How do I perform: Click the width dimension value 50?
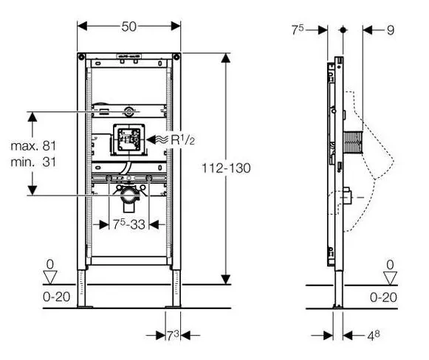coord(129,27)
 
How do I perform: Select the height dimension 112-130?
coord(226,168)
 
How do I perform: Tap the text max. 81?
coord(33,146)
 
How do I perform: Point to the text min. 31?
coord(33,162)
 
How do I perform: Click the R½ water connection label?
coord(183,139)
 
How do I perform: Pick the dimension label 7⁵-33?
coord(129,224)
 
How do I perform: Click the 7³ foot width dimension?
coord(173,336)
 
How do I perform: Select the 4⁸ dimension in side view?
coord(374,336)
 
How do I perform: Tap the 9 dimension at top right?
coord(391,30)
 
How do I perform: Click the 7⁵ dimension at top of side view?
coord(298,30)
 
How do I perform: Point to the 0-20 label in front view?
coord(57,297)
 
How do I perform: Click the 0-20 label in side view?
coord(383,297)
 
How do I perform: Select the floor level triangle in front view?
coord(50,277)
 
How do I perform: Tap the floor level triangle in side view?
coord(390,278)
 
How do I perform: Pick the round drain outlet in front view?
coord(130,195)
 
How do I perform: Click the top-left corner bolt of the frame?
coord(81,57)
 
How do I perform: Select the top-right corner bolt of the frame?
coord(176,57)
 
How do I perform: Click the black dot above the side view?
coord(343,30)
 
